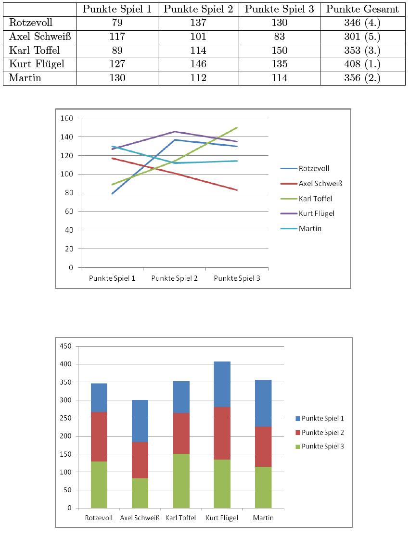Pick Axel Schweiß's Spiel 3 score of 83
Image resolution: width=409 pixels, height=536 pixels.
[279, 37]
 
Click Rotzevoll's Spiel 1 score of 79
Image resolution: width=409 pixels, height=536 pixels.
[117, 23]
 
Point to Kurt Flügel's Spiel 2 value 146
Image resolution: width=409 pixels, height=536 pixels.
[199, 64]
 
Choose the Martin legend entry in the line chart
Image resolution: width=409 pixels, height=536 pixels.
[309, 228]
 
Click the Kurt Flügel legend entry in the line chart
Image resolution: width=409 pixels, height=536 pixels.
[316, 213]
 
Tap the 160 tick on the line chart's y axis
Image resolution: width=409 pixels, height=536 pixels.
[66, 118]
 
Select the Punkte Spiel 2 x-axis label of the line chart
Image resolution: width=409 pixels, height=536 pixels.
[175, 278]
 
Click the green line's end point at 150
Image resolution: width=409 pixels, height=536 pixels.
[237, 127]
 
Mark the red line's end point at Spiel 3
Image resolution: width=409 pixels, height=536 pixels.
[237, 190]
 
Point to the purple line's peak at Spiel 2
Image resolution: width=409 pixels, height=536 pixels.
[175, 131]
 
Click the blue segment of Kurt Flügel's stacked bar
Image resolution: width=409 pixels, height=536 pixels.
[222, 384]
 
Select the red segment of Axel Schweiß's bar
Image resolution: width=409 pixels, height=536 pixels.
[141, 460]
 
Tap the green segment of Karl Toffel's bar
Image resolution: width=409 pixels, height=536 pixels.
[181, 481]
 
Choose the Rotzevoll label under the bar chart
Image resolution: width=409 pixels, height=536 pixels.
[99, 518]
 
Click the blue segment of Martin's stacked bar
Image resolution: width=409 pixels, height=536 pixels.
[263, 403]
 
